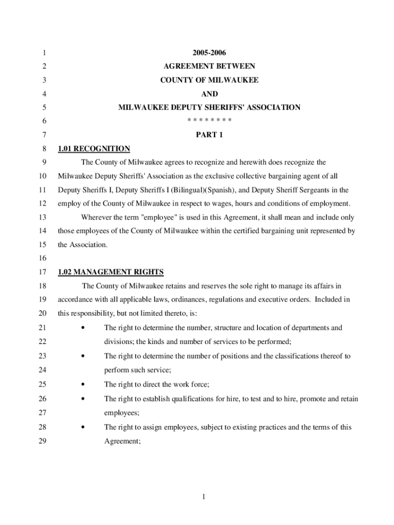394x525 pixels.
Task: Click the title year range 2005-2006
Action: (209, 53)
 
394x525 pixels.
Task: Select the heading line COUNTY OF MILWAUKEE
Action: (209, 80)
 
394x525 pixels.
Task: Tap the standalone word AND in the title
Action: (209, 94)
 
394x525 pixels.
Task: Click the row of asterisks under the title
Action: (209, 120)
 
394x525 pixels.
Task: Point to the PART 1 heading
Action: (209, 135)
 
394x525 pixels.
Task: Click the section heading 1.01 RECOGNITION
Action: (94, 149)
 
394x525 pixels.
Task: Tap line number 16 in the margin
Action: (42, 258)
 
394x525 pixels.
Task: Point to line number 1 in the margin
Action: (45, 53)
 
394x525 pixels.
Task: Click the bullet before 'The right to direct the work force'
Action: (82, 384)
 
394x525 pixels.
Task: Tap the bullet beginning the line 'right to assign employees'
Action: (82, 427)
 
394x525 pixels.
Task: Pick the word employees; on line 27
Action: (122, 412)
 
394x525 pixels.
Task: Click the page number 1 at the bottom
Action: (203, 496)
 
